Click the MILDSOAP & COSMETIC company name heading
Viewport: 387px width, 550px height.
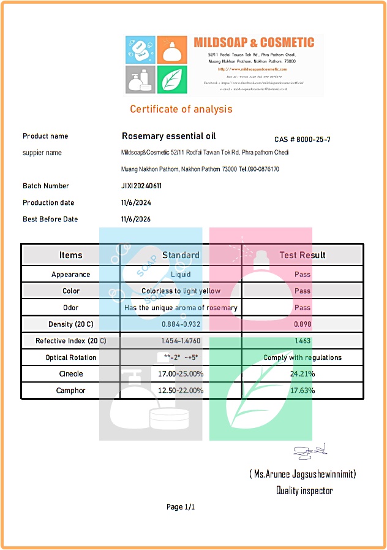tap(254, 43)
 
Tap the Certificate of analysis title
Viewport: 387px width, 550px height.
tap(181, 109)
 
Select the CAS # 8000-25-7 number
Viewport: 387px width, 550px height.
tap(302, 140)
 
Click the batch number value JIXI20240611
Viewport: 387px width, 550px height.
tap(141, 186)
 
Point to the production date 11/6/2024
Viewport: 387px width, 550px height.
tap(136, 203)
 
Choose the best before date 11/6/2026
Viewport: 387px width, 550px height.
tap(136, 220)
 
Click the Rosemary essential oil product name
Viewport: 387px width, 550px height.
tap(168, 136)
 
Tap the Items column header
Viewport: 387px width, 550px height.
tap(70, 255)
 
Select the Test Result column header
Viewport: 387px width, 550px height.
tap(302, 255)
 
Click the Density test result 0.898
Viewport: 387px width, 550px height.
tap(302, 324)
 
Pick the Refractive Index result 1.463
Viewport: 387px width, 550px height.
tap(302, 341)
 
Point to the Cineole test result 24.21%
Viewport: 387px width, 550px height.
tap(302, 374)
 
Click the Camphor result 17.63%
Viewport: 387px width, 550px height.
tap(302, 391)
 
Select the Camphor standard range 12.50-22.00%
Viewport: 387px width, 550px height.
tap(181, 391)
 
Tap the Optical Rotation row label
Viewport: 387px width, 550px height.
tap(70, 357)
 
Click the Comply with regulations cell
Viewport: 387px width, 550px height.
tap(302, 357)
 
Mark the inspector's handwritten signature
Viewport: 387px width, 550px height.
tap(310, 453)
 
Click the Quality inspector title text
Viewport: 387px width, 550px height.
tap(304, 491)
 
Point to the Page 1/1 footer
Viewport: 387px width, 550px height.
tap(181, 507)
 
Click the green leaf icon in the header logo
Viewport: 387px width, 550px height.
tap(172, 79)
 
